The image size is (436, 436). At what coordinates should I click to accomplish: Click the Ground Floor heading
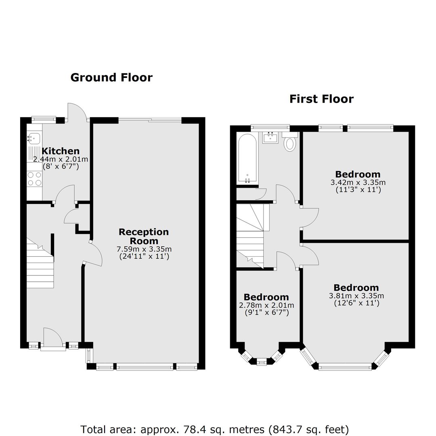111,77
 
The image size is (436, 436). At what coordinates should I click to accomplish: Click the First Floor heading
321,99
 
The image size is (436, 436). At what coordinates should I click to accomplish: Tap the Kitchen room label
61,151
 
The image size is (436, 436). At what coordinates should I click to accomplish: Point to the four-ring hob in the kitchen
34,179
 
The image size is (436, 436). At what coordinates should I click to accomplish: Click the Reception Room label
144,236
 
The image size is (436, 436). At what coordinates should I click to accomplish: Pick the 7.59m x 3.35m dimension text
144,249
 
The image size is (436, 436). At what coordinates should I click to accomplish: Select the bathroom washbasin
270,138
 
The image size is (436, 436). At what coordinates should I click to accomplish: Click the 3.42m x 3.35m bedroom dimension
358,182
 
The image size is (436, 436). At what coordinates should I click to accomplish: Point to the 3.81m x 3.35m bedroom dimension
356,296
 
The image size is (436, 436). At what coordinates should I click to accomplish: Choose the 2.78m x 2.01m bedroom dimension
266,305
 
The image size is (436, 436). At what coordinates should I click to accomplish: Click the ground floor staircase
40,263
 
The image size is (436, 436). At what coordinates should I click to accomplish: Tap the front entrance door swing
53,337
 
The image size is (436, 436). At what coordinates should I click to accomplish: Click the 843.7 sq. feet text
308,430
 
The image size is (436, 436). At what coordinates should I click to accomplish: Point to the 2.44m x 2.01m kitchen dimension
61,159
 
